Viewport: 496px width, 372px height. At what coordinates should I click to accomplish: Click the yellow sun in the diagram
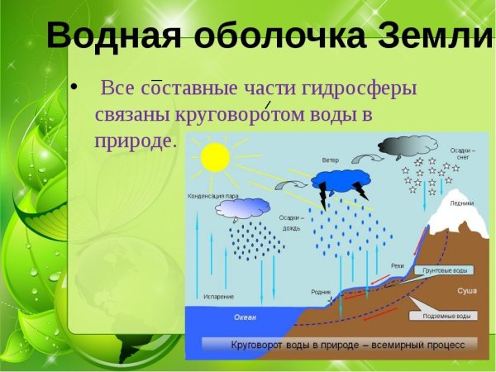tap(215, 157)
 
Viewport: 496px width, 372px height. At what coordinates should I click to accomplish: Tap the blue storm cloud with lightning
tap(341, 180)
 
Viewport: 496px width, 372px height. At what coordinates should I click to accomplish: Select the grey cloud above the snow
tap(408, 146)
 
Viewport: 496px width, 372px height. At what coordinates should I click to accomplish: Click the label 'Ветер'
tap(331, 160)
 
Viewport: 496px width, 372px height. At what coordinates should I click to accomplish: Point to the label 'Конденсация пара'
tap(213, 196)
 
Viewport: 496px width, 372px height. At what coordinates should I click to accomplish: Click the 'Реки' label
tap(397, 265)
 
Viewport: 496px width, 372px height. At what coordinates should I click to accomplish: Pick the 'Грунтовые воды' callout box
tap(445, 271)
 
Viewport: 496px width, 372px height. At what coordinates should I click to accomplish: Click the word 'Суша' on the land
tap(467, 292)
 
